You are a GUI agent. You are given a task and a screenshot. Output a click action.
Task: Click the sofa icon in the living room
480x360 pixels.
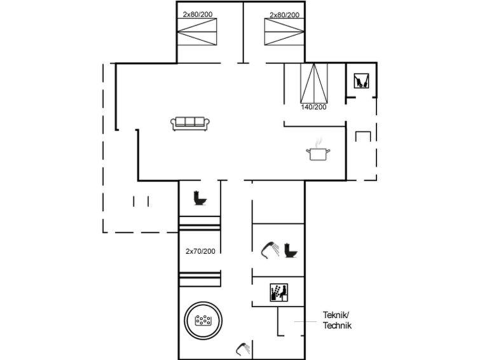pyautogui.click(x=190, y=123)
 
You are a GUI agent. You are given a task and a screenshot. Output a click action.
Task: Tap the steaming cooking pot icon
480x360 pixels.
pyautogui.click(x=318, y=150)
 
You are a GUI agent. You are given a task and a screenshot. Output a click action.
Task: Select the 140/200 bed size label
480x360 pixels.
pyautogui.click(x=313, y=107)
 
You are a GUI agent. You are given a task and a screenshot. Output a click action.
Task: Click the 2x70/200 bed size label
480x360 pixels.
pyautogui.click(x=200, y=251)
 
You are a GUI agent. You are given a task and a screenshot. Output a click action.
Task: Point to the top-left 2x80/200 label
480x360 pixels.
pyautogui.click(x=198, y=14)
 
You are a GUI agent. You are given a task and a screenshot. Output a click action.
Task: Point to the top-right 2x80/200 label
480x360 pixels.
pyautogui.click(x=284, y=15)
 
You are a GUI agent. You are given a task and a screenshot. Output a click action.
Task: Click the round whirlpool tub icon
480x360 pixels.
pyautogui.click(x=203, y=321)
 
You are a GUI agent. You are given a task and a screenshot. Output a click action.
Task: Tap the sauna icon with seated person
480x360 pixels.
pyautogui.click(x=279, y=293)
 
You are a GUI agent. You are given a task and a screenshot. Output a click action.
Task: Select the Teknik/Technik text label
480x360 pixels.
pyautogui.click(x=337, y=320)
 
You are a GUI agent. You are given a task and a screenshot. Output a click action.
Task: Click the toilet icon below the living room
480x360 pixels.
pyautogui.click(x=200, y=198)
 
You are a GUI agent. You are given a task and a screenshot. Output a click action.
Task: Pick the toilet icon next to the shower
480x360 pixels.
pyautogui.click(x=291, y=251)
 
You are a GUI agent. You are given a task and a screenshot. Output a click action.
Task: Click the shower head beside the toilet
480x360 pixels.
pyautogui.click(x=270, y=250)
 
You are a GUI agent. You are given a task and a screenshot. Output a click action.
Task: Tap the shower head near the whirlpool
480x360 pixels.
pyautogui.click(x=243, y=349)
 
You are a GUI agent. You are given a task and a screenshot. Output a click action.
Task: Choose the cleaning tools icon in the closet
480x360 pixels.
pyautogui.click(x=361, y=81)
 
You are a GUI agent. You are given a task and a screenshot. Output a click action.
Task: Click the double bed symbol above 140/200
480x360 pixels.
pyautogui.click(x=314, y=83)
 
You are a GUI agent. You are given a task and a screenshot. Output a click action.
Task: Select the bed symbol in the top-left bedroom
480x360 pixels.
pyautogui.click(x=197, y=32)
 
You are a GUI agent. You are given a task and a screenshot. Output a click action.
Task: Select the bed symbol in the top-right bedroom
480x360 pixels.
pyautogui.click(x=284, y=32)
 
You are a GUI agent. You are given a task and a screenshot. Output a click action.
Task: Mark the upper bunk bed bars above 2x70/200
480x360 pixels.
pyautogui.click(x=200, y=223)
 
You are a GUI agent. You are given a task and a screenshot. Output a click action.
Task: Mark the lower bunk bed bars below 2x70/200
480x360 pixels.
pyautogui.click(x=200, y=279)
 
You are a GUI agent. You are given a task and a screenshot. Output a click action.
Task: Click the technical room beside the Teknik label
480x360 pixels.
pyautogui.click(x=291, y=321)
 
